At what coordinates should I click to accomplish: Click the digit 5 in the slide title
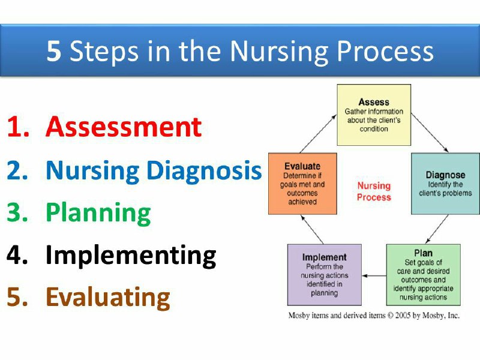53,50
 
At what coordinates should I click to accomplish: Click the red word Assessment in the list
124,127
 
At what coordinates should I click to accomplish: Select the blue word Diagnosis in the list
204,171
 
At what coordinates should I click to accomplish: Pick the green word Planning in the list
98,214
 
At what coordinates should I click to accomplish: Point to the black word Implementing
131,256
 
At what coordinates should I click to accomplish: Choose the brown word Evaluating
108,298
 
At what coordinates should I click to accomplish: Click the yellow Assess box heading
374,102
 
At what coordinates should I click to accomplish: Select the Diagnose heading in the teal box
445,175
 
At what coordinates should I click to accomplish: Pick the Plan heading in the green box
424,253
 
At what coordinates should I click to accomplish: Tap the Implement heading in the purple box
325,257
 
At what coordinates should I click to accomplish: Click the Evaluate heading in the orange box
302,166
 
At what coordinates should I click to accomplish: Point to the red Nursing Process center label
374,191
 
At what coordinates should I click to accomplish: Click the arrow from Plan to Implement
374,276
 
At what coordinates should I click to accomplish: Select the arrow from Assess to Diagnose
430,133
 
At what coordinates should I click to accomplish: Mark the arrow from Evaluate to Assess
319,133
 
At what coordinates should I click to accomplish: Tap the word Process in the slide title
385,50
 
